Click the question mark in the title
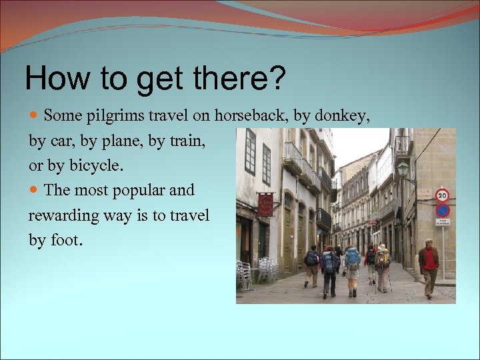click(275, 78)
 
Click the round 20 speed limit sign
click(442, 195)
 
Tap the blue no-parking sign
click(442, 211)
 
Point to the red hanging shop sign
click(265, 205)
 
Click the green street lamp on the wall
click(403, 170)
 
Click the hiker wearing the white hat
click(382, 265)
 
